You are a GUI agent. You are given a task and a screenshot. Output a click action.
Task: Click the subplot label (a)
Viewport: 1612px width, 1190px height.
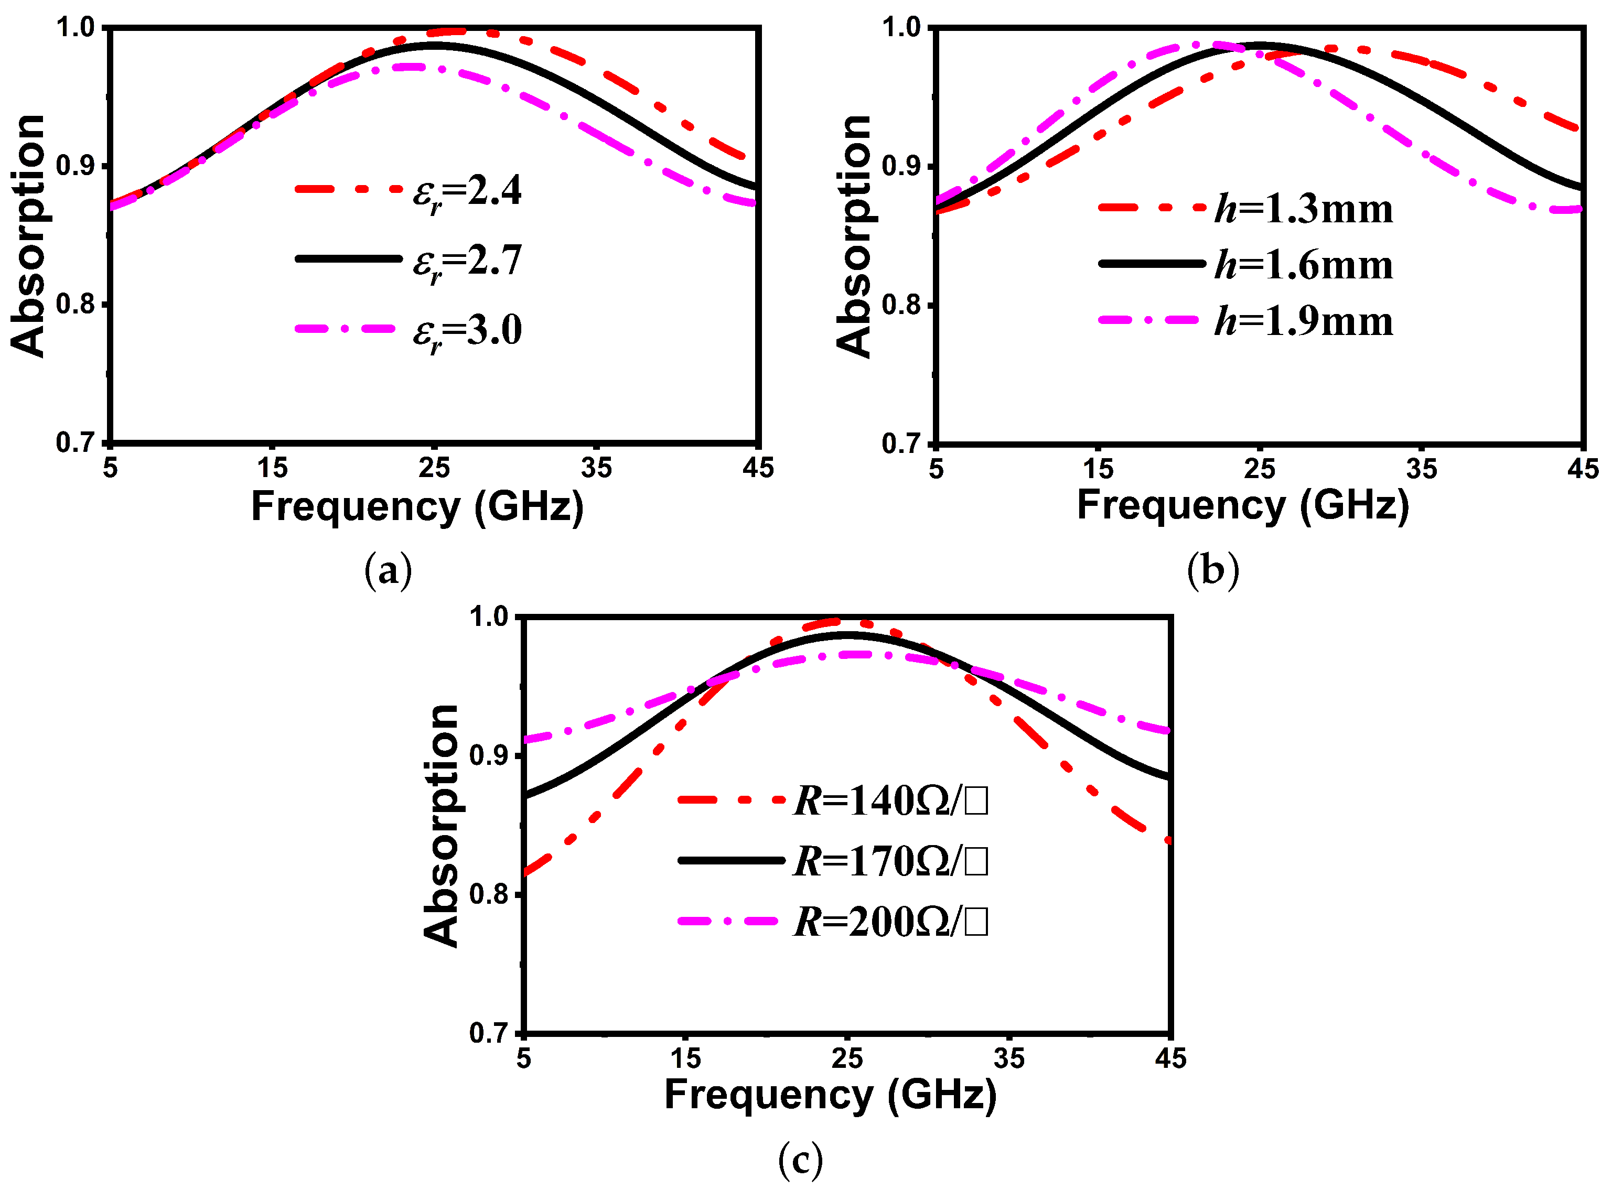tap(389, 571)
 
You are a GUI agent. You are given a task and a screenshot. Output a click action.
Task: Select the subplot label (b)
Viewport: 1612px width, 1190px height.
tap(1213, 571)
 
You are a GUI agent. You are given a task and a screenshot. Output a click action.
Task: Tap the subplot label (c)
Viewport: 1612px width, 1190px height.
tap(800, 1160)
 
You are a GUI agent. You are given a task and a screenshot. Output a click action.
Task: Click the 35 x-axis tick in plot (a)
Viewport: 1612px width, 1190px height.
tap(596, 469)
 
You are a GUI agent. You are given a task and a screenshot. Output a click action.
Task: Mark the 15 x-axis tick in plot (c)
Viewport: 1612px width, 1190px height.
tap(685, 1058)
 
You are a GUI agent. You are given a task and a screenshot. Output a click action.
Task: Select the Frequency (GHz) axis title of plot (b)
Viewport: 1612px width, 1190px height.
tap(1242, 506)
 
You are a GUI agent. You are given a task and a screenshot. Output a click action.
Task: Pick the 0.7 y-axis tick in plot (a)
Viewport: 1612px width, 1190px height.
tap(76, 442)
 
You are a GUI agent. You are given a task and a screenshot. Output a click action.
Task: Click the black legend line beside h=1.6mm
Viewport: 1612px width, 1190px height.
tap(1152, 264)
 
